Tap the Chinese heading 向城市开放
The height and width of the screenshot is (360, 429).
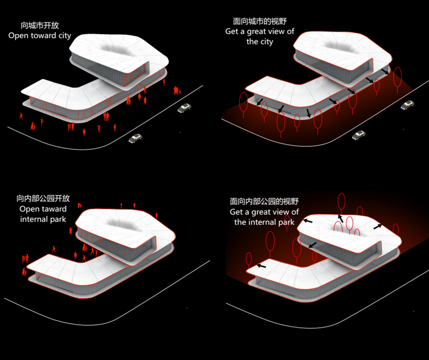coord(40,26)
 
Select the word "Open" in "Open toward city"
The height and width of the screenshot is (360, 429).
coord(19,36)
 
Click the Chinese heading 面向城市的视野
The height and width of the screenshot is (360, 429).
coord(259,22)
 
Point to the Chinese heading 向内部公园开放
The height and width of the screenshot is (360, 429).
coord(43,199)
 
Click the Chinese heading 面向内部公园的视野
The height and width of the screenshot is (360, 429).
coord(264,202)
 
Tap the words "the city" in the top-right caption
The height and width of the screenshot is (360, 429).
coord(260,42)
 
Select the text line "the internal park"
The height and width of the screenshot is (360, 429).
coord(264,222)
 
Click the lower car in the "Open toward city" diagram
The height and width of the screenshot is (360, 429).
coord(135,138)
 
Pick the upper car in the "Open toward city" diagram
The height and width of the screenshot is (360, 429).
coord(184,108)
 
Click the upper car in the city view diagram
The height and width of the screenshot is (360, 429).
coord(407,105)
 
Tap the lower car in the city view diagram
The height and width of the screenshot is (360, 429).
coord(359,135)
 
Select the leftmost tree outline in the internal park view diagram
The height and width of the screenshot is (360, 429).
coord(249,259)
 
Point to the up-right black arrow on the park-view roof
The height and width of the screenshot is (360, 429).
coord(378,226)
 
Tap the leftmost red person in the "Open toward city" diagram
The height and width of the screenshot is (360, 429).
coord(20,115)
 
